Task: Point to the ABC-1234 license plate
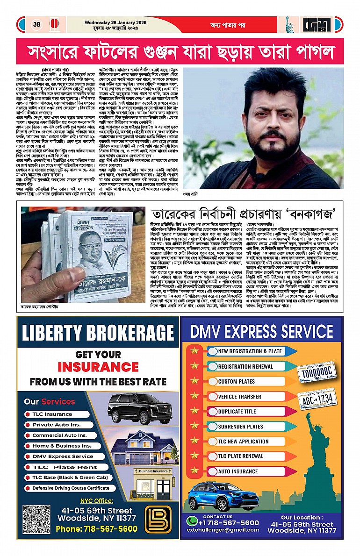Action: pos(319,399)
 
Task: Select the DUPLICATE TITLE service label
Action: pos(237,412)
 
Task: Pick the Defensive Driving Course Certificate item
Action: pos(71,488)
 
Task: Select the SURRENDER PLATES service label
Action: pos(240,427)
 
